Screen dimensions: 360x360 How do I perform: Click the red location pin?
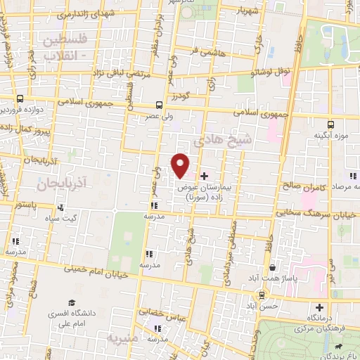click(x=181, y=166)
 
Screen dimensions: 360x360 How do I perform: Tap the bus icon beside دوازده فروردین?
click(x=21, y=100)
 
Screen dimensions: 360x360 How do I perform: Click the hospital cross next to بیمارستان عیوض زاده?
click(x=204, y=175)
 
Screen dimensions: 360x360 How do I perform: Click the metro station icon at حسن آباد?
click(x=262, y=295)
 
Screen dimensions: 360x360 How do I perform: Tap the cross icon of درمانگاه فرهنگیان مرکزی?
click(x=319, y=307)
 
